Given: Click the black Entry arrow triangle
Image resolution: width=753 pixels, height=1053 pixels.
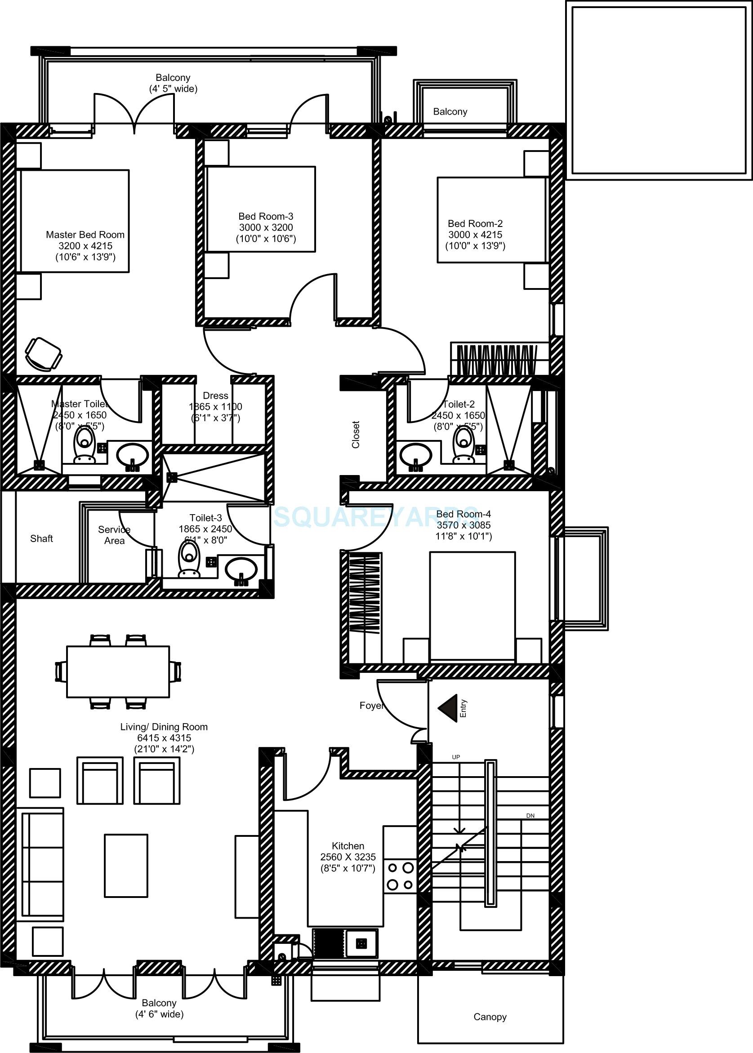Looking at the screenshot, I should (x=449, y=708).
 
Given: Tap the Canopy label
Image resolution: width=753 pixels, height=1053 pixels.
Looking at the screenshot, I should (x=490, y=1017).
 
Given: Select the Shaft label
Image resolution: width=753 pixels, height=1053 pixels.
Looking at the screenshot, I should (x=41, y=538).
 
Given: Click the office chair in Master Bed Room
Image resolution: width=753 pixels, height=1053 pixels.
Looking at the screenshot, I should (x=43, y=354).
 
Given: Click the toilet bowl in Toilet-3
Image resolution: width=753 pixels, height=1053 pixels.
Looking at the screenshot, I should (x=189, y=558).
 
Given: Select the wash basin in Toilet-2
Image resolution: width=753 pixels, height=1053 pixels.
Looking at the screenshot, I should (x=415, y=454).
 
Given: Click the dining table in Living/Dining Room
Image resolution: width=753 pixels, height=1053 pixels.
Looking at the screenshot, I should (x=118, y=671).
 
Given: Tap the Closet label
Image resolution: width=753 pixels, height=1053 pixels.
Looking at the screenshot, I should (x=356, y=434).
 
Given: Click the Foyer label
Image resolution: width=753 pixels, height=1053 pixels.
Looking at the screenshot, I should (x=371, y=706).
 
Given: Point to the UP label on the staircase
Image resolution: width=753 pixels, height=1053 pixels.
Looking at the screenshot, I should (x=456, y=757).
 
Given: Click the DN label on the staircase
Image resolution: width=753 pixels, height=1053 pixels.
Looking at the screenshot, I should (x=530, y=815).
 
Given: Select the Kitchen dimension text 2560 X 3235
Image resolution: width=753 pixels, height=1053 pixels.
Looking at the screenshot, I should (x=348, y=857).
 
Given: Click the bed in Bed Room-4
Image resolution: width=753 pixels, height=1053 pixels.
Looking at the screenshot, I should (x=472, y=606).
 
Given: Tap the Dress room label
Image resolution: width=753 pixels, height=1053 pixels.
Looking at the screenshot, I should (x=215, y=395).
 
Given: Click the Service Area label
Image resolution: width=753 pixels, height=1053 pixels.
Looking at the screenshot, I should (x=114, y=535).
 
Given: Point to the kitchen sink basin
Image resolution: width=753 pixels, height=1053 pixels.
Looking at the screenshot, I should (x=361, y=942).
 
